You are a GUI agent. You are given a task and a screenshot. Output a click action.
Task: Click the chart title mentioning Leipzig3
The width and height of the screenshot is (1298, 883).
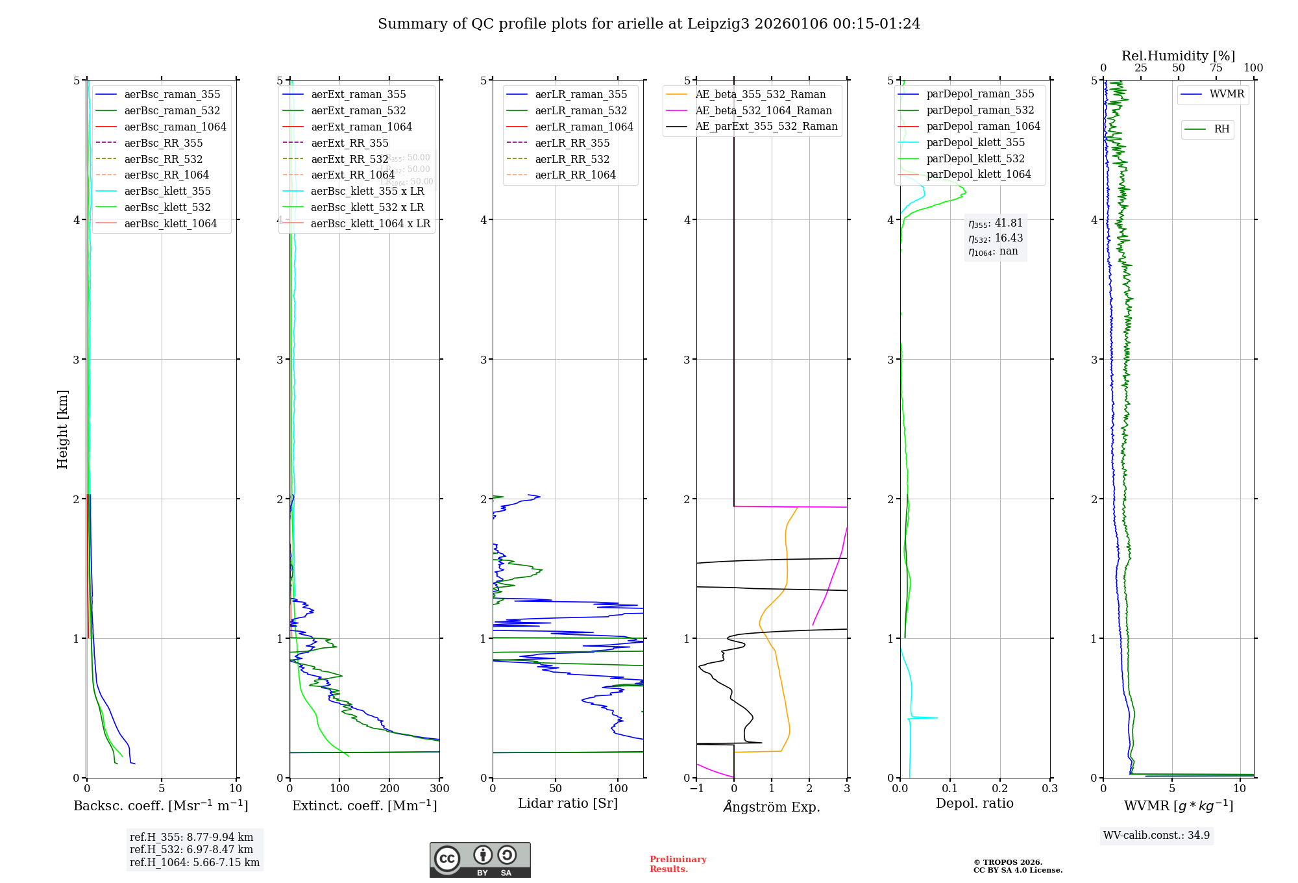pyautogui.click(x=649, y=24)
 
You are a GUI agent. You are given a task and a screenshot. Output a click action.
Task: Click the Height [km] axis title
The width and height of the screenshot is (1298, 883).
pyautogui.click(x=62, y=429)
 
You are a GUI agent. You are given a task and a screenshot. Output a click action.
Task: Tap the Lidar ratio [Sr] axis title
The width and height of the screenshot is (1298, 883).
pyautogui.click(x=568, y=803)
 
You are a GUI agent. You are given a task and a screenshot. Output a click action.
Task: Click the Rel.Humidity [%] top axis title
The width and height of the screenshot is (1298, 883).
pyautogui.click(x=1178, y=56)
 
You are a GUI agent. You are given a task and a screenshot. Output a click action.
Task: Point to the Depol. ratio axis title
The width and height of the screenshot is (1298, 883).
pyautogui.click(x=974, y=803)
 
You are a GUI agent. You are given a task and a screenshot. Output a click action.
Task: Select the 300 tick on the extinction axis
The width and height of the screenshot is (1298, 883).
pyautogui.click(x=439, y=789)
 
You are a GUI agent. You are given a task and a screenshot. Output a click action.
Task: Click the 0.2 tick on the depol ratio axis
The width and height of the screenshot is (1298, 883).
pyautogui.click(x=1000, y=789)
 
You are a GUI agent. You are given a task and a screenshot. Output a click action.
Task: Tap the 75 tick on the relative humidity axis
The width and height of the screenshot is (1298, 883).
pyautogui.click(x=1216, y=68)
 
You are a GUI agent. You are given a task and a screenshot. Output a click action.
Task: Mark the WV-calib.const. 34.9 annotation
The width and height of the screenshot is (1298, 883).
pyautogui.click(x=1157, y=835)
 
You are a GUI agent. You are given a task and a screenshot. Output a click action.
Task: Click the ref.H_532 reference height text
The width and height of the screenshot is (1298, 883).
pyautogui.click(x=191, y=849)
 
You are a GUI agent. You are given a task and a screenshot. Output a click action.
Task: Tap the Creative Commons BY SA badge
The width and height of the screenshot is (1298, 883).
pyautogui.click(x=480, y=860)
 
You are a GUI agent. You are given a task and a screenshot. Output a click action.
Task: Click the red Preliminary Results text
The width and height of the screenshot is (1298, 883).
pyautogui.click(x=678, y=864)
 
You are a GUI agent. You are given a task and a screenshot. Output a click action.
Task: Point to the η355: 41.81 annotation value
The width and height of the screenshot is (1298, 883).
pyautogui.click(x=996, y=223)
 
